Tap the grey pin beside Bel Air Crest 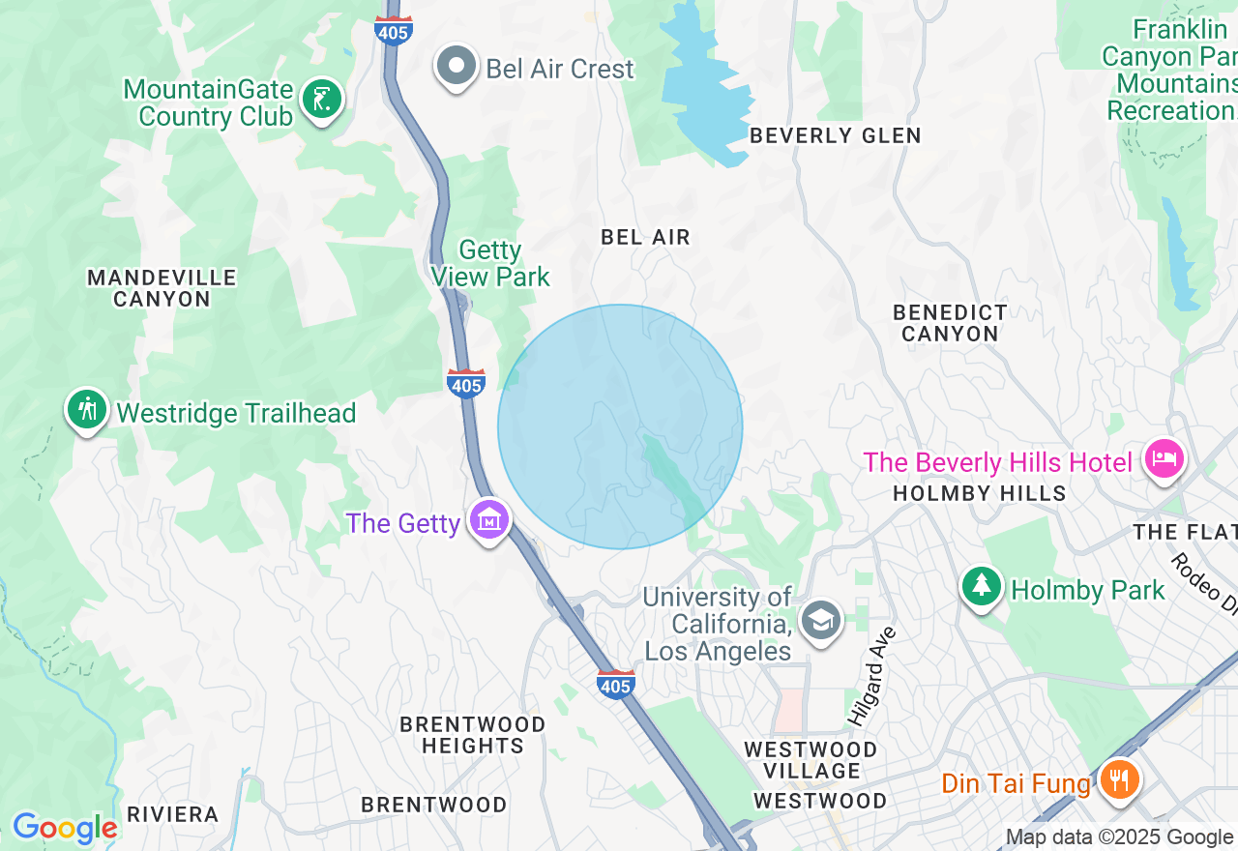457,67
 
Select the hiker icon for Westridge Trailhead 87,410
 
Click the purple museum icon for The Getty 489,520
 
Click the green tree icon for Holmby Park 982,586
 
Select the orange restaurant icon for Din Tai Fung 1119,779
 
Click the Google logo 65,828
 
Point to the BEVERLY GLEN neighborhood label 836,135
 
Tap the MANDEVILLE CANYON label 162,288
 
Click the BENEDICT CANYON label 950,323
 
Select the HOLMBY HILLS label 979,493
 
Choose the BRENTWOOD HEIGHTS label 473,735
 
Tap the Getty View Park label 490,263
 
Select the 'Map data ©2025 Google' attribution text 1119,837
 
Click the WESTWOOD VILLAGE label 811,760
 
